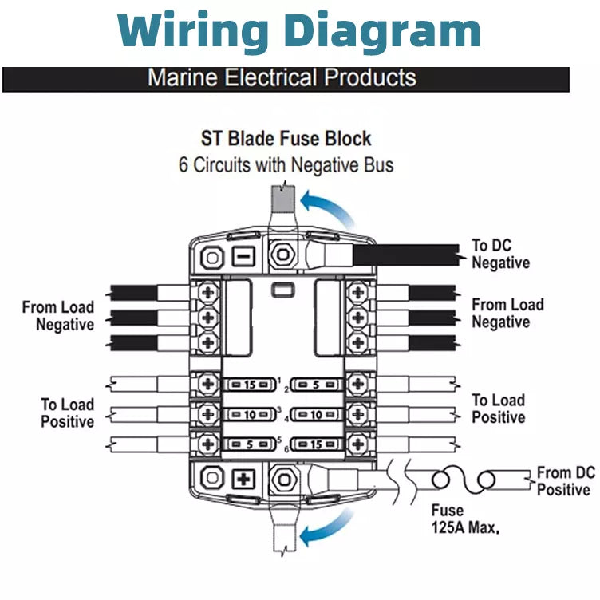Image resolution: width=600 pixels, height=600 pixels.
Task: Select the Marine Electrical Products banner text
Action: tap(282, 78)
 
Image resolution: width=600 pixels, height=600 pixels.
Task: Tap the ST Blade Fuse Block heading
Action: tap(286, 139)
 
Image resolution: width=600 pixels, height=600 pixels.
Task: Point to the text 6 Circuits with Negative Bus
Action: tap(286, 165)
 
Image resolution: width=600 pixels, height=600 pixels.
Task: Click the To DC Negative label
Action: tap(500, 254)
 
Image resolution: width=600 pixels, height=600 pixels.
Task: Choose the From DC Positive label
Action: tap(565, 481)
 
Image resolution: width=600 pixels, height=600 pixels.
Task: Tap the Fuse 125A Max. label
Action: tap(464, 519)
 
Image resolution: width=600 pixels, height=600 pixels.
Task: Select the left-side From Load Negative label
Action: tap(58, 315)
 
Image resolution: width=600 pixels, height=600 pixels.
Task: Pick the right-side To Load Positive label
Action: tap(498, 409)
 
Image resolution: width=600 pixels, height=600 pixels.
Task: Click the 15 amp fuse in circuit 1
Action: tap(250, 385)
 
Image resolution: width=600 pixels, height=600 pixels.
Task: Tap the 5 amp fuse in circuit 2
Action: tap(318, 385)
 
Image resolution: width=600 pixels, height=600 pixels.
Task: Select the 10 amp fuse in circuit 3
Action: tap(250, 414)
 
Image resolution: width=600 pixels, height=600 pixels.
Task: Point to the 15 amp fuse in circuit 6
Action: tap(318, 444)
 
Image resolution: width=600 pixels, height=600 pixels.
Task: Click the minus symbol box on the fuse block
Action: tap(242, 257)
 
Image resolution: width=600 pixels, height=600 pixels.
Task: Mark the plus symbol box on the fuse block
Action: tap(242, 480)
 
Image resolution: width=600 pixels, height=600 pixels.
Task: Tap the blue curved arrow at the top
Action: tap(330, 205)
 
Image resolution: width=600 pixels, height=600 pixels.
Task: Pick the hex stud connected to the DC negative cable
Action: tap(282, 256)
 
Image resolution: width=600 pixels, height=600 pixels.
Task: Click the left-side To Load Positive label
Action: tap(68, 412)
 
